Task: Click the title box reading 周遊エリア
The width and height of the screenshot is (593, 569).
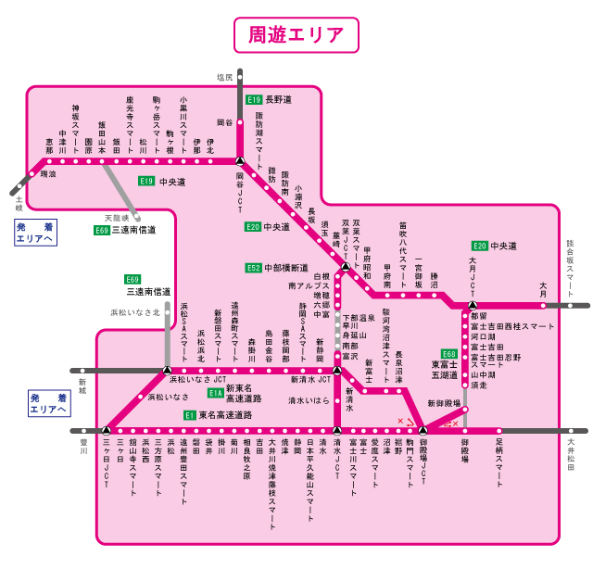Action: [296, 35]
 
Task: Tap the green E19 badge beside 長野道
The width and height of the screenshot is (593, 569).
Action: [254, 99]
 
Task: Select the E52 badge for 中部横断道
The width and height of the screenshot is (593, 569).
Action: [253, 268]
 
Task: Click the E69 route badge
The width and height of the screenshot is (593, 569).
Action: [133, 279]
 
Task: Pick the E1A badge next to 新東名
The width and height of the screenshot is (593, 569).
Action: [215, 393]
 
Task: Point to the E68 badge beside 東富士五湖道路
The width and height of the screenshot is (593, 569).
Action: [449, 354]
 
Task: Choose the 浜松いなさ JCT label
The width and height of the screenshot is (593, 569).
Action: [197, 379]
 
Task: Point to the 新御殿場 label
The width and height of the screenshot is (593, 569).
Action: [443, 404]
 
